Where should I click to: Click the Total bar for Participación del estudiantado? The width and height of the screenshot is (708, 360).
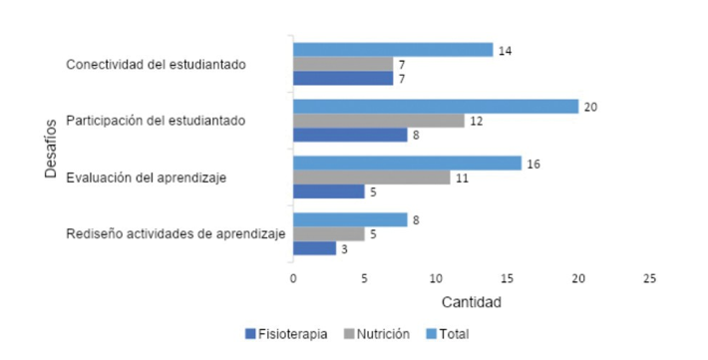[x=435, y=107]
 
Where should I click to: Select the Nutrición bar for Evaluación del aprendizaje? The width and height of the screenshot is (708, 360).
[x=371, y=178]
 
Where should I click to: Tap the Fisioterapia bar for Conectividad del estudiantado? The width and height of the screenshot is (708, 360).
[x=342, y=79]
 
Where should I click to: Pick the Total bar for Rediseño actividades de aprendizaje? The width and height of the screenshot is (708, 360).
[x=349, y=220]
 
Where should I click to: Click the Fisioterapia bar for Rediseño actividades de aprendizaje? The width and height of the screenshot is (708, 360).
[x=314, y=248]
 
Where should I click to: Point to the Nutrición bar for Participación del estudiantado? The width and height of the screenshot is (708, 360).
[x=378, y=121]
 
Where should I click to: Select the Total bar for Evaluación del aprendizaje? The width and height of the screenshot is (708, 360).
[x=407, y=164]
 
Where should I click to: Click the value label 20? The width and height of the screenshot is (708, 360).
[x=589, y=107]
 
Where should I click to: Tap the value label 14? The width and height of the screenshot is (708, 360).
[x=504, y=50]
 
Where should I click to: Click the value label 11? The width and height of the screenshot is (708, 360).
[x=460, y=178]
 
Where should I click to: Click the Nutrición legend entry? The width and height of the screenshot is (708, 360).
[x=380, y=334]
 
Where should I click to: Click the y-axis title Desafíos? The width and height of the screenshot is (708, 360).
[x=51, y=150]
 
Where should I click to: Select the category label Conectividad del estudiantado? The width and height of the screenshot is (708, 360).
[x=157, y=65]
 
